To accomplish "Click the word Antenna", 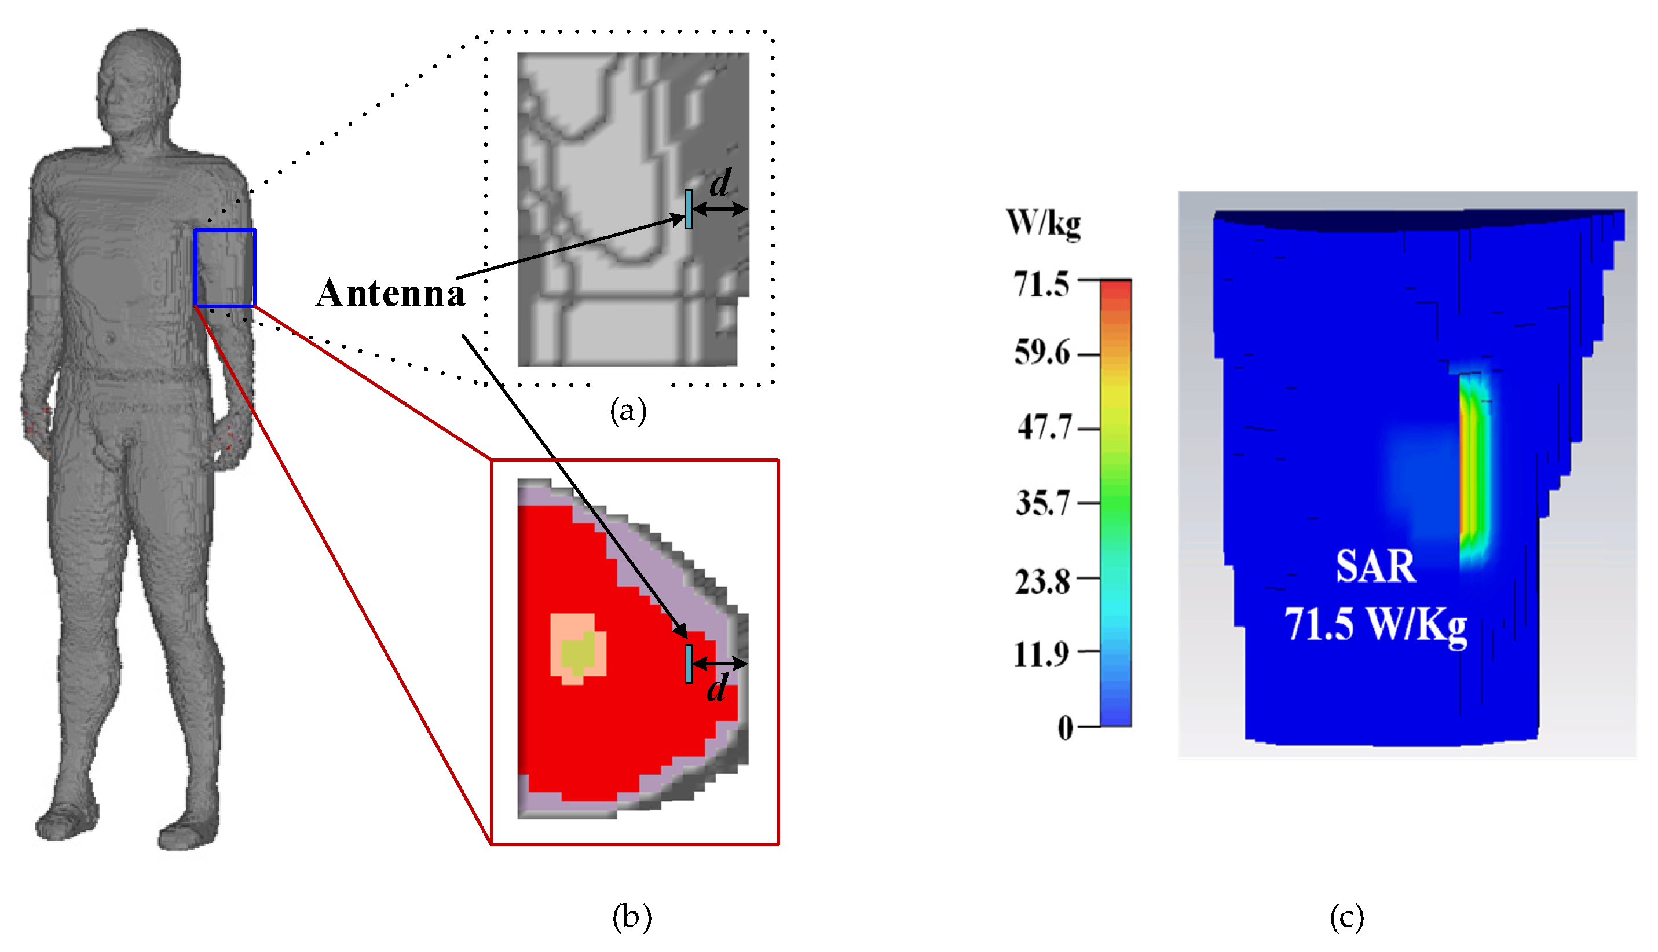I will pos(390,292).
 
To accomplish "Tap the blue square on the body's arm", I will pos(224,268).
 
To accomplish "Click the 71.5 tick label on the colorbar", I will pos(1041,284).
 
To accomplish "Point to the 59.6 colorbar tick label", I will pos(1042,353).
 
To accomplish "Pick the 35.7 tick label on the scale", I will pos(1042,503).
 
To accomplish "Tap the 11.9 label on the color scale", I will pos(1041,653).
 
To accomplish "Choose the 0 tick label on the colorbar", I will pos(1065,727).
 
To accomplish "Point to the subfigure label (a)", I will pos(628,411).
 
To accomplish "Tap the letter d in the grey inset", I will pos(720,183).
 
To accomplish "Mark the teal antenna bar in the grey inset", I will pos(689,208).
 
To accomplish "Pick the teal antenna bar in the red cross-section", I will pos(689,664).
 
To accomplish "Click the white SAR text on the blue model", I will pos(1375,566).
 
